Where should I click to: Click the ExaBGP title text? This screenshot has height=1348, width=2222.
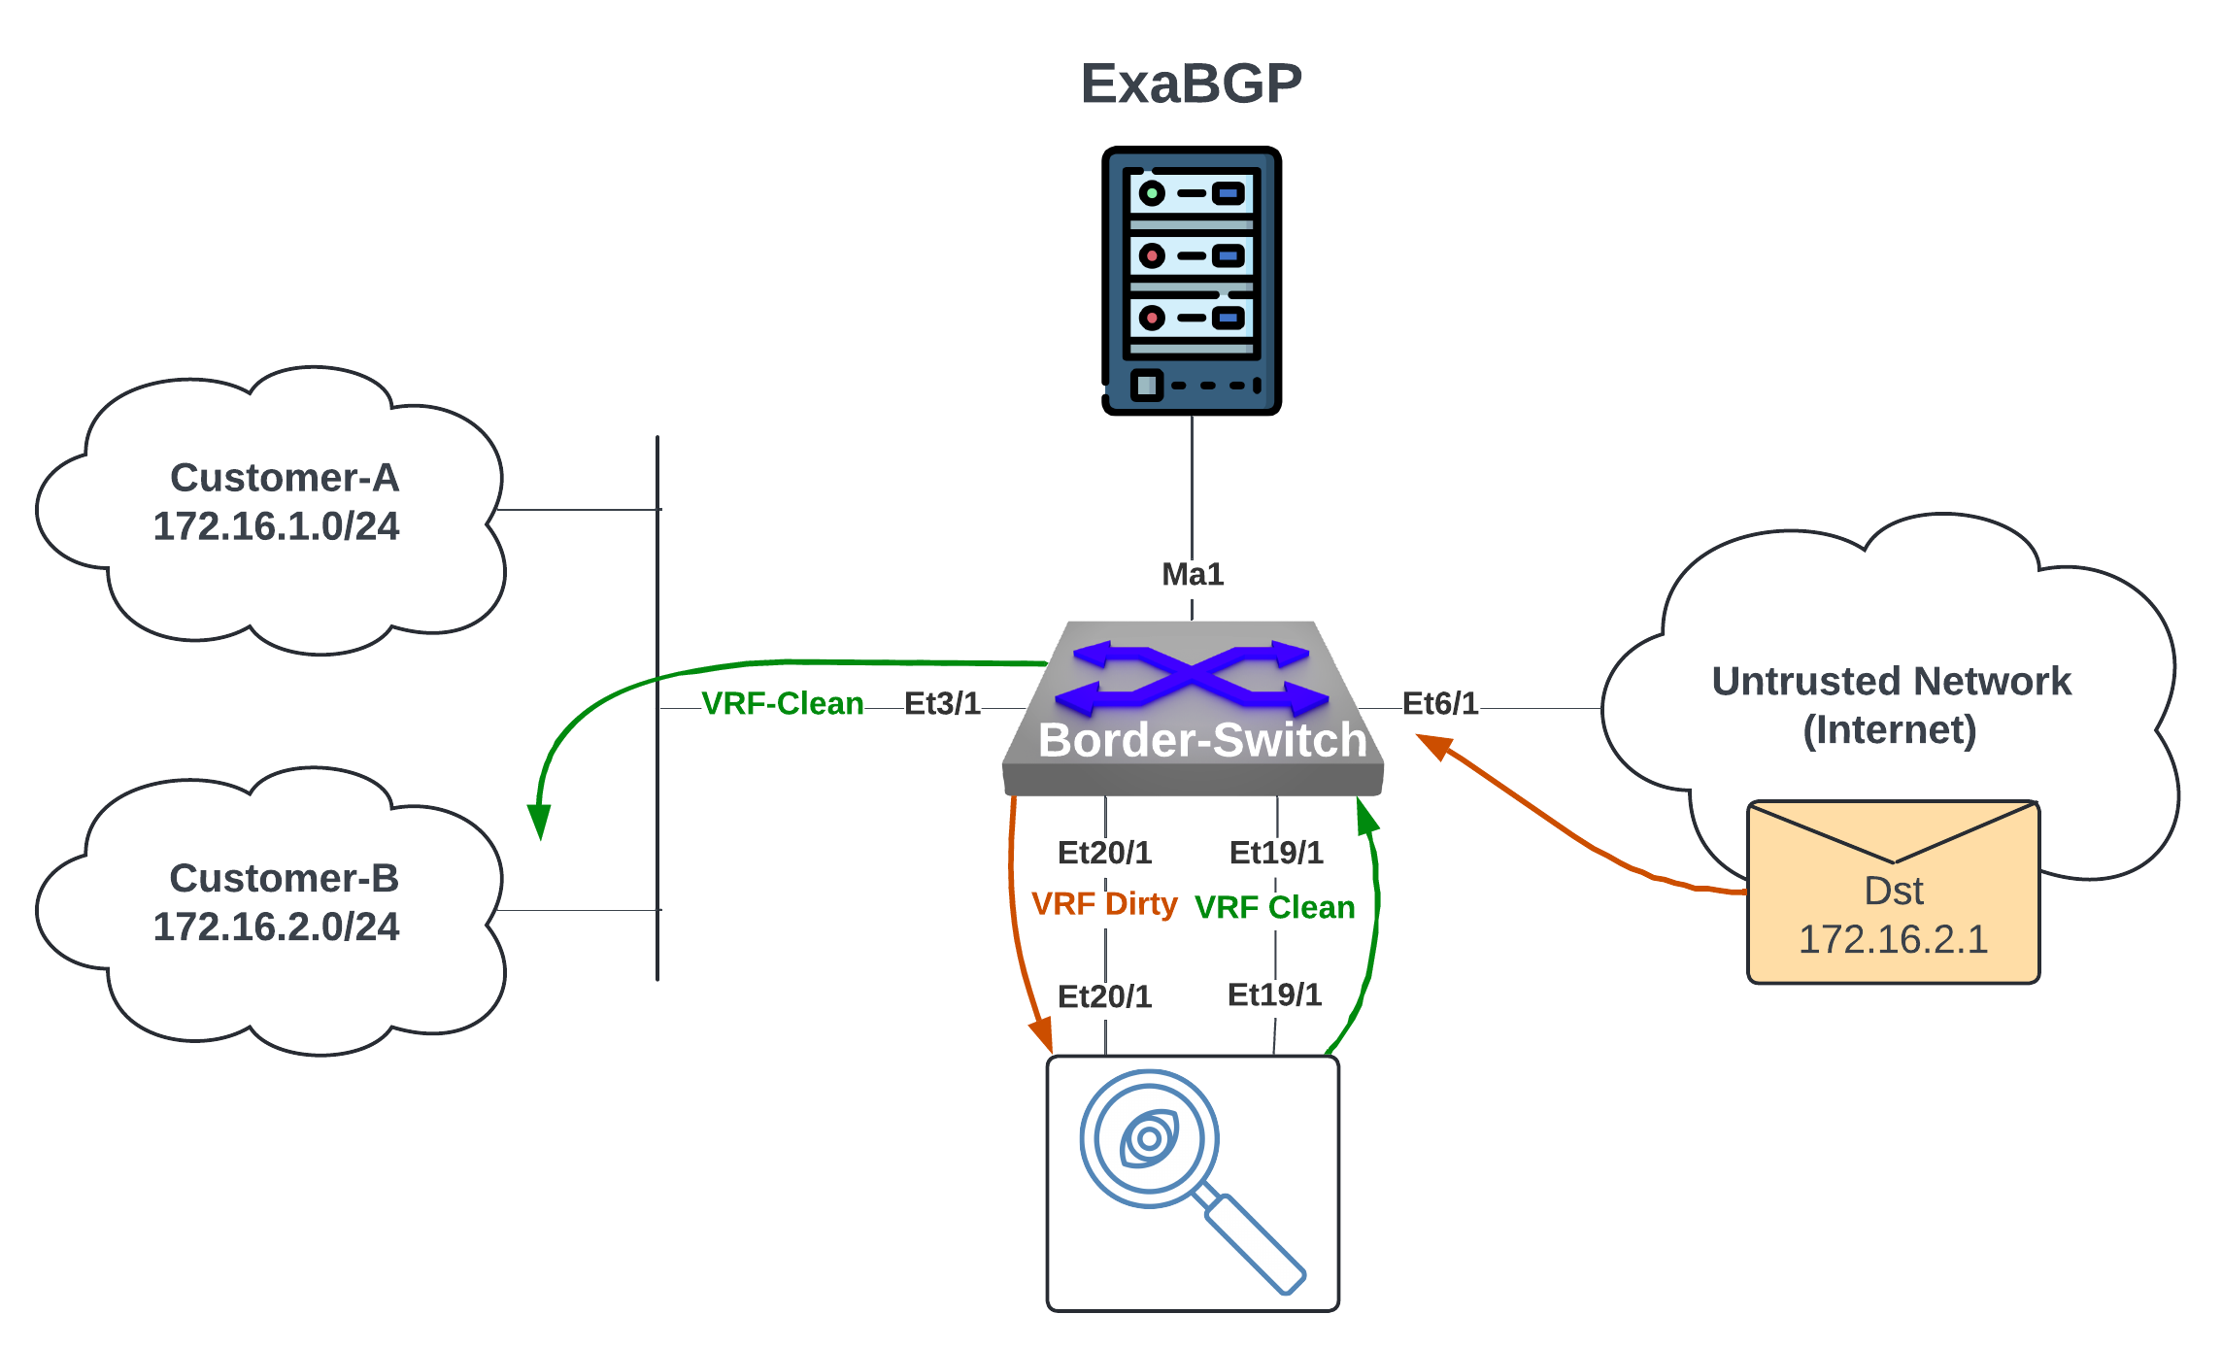(1191, 84)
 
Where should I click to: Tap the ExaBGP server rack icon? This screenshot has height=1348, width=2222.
(1192, 281)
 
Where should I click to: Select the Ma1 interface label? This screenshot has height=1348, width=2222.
(1193, 574)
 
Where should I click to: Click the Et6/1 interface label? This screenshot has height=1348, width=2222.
(1439, 703)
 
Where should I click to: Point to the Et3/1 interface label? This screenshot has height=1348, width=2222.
(942, 703)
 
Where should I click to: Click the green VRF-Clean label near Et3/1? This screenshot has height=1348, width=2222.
(782, 703)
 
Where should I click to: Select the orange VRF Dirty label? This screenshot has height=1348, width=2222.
(1104, 903)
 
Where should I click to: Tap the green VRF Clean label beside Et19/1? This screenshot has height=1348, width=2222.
(1274, 907)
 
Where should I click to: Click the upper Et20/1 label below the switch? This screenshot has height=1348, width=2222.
(1104, 853)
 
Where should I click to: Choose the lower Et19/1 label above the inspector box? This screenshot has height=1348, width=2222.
(1274, 994)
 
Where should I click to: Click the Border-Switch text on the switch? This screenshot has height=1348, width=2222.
(1202, 740)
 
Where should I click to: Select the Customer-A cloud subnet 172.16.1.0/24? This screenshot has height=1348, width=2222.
(276, 526)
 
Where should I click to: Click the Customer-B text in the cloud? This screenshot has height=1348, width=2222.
(284, 878)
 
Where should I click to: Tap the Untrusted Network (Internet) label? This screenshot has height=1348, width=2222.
(1890, 705)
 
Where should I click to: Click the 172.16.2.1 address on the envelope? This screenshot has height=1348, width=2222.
(1893, 939)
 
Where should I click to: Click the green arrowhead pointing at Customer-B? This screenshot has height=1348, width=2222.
(539, 821)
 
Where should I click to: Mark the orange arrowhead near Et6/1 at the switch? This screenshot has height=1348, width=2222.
(1433, 746)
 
